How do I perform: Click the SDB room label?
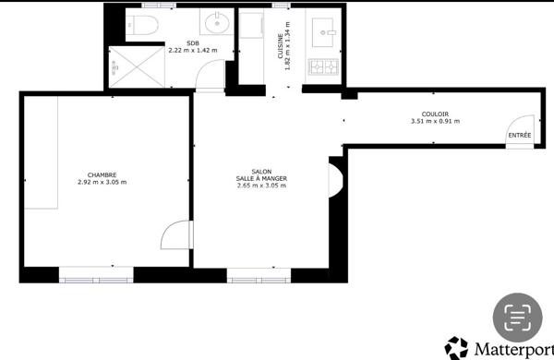(192, 43)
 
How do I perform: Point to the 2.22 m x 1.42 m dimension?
(191, 51)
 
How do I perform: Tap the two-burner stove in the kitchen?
(324, 66)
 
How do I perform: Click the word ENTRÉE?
(519, 136)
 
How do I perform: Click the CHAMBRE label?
(102, 174)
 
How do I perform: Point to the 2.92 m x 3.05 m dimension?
(102, 182)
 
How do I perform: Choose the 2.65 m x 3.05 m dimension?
(261, 186)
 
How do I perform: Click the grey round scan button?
(518, 317)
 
